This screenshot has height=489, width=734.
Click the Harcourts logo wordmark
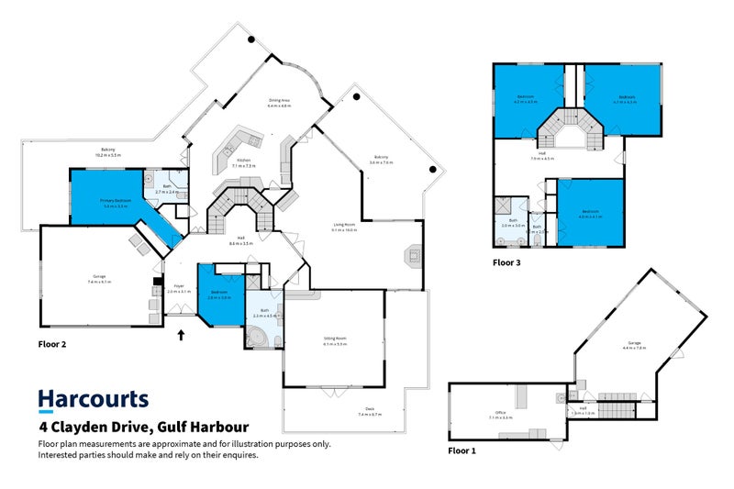[93, 400]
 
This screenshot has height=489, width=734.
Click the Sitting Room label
[334, 341]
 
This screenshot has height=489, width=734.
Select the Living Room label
[344, 228]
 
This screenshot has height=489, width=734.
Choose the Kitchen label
[244, 162]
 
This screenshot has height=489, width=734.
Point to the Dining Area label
[279, 103]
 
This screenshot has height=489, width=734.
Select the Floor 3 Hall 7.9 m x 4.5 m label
[542, 156]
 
